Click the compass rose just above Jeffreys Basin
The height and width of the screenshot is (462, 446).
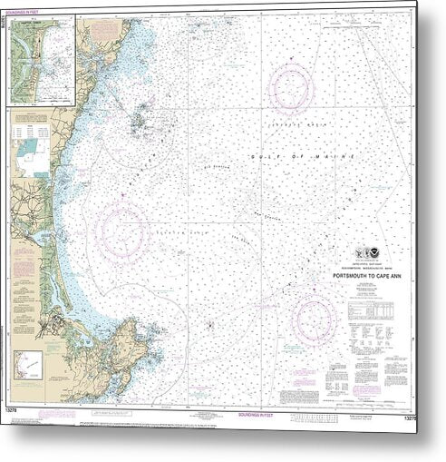290,86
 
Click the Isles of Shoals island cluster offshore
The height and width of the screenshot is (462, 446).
141,119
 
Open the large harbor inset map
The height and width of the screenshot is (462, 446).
41,61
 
